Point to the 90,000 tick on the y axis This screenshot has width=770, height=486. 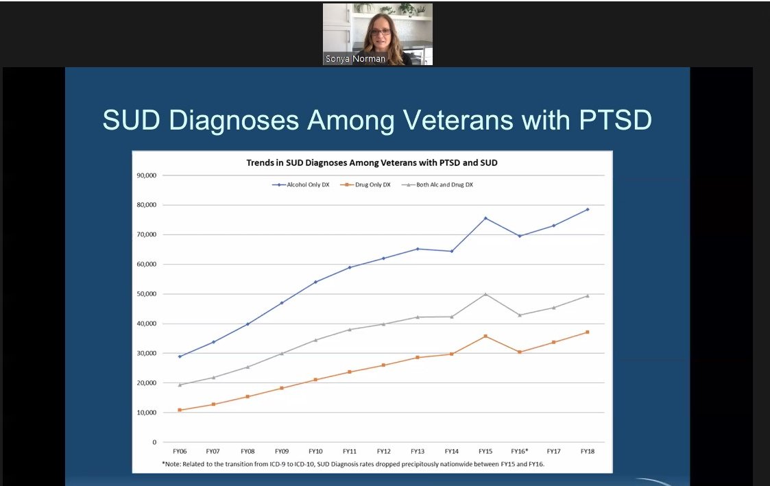(x=146, y=175)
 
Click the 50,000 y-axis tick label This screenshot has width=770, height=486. (x=146, y=294)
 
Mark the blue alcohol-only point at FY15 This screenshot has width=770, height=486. (x=485, y=218)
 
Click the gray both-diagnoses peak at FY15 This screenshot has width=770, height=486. (x=485, y=294)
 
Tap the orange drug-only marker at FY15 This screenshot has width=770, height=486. (x=485, y=336)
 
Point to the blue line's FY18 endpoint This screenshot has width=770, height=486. (x=588, y=209)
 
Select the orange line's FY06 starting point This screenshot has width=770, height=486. (x=180, y=410)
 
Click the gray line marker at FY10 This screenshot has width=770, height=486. (x=315, y=340)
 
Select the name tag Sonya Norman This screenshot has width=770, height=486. (x=355, y=59)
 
